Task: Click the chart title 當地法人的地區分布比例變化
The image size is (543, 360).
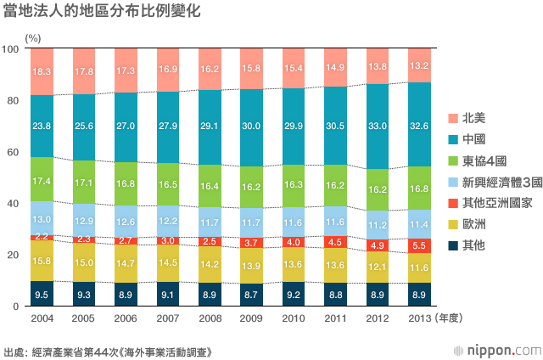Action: pyautogui.click(x=102, y=10)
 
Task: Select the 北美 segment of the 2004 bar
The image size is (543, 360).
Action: pyautogui.click(x=42, y=71)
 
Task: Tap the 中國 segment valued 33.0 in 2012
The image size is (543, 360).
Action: pyautogui.click(x=378, y=127)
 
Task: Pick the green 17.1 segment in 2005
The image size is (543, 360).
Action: pyautogui.click(x=84, y=182)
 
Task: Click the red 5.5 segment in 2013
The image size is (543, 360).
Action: pyautogui.click(x=419, y=245)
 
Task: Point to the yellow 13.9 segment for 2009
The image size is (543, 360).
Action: pyautogui.click(x=251, y=266)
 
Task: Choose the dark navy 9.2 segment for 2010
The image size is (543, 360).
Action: pyautogui.click(x=294, y=294)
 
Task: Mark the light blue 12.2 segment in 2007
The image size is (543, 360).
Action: pyautogui.click(x=168, y=221)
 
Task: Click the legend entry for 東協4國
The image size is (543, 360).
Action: pyautogui.click(x=477, y=160)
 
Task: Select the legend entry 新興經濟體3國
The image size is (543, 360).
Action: pyautogui.click(x=495, y=182)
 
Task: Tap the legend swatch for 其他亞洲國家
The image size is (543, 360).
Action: pyautogui.click(x=453, y=203)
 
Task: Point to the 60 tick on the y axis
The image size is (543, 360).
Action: pyautogui.click(x=13, y=152)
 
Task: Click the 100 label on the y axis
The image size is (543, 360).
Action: pyautogui.click(x=10, y=49)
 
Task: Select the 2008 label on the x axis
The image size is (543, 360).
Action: pyautogui.click(x=210, y=318)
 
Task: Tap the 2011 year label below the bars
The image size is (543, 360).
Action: pyautogui.click(x=336, y=318)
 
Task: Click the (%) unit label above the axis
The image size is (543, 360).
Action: pyautogui.click(x=33, y=38)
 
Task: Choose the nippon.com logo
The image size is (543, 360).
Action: pyautogui.click(x=498, y=351)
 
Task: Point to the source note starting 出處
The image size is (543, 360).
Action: pyautogui.click(x=108, y=352)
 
